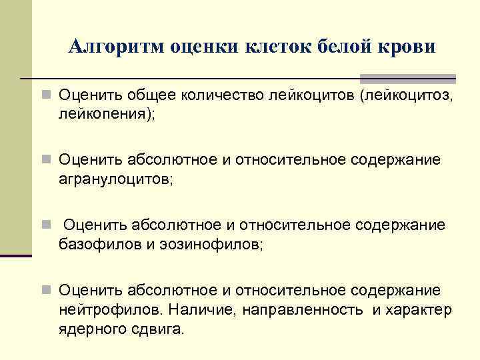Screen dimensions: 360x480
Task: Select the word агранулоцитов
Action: (x=114, y=179)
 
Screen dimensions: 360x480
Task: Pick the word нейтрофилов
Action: (x=110, y=310)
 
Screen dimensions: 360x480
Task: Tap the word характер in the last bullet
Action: (x=419, y=310)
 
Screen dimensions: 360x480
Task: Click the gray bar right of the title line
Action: (x=408, y=78)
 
